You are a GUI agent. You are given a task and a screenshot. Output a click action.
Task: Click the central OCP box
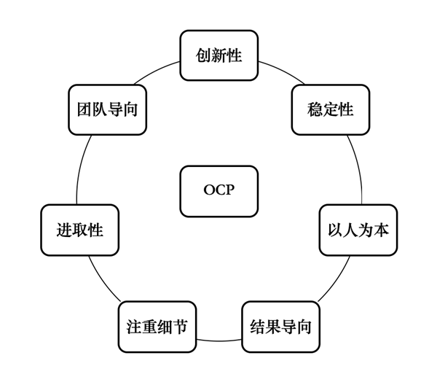tap(219, 191)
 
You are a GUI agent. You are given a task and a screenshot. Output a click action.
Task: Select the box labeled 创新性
tap(219, 55)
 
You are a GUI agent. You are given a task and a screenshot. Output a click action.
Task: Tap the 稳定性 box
tap(330, 110)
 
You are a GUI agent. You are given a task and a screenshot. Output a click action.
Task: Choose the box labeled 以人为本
tap(358, 230)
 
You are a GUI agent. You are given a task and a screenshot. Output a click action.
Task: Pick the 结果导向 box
tap(280, 327)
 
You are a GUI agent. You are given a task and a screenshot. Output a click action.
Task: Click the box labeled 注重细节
tap(157, 327)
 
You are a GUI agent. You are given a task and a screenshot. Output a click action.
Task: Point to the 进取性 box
tap(79, 230)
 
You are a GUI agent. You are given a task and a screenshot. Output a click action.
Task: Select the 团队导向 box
tap(107, 110)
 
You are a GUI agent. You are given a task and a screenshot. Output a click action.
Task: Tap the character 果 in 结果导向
tap(272, 327)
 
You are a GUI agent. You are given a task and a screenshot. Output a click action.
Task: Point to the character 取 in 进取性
tap(79, 230)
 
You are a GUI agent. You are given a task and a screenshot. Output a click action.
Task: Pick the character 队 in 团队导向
tap(100, 110)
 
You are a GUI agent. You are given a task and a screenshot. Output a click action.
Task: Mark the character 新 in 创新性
tap(219, 55)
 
